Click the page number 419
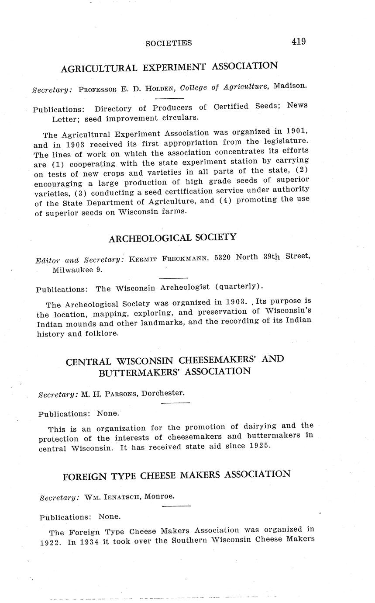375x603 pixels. (x=299, y=42)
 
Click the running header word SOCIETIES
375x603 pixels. (x=169, y=43)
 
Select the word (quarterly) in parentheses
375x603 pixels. (x=242, y=286)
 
